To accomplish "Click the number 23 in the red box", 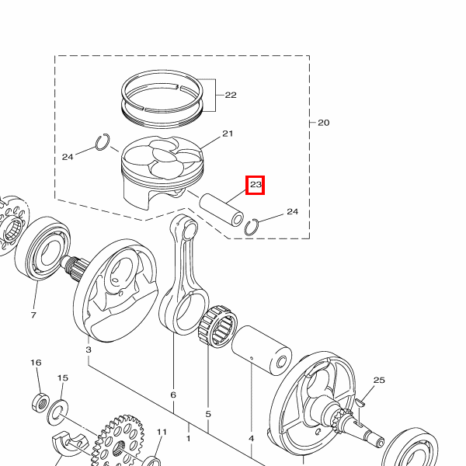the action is click(x=256, y=185).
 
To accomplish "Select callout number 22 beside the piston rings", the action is click(x=231, y=95).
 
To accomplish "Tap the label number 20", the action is click(x=324, y=123).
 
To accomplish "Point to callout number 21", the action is click(x=228, y=134).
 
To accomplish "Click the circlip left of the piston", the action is click(x=103, y=142).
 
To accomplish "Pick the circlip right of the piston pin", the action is click(x=252, y=227).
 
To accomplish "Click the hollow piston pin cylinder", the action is click(x=221, y=210).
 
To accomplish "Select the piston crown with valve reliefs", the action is click(x=162, y=158).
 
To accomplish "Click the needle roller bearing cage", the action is click(x=217, y=326).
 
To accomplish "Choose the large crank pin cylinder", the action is click(x=262, y=350).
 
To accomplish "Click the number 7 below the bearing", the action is click(x=33, y=315).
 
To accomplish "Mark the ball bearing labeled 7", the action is click(x=43, y=249).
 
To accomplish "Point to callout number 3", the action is click(x=89, y=349).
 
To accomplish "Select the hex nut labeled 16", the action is click(x=40, y=402).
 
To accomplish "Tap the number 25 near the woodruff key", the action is click(x=379, y=380).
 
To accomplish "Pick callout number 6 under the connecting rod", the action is click(x=173, y=395).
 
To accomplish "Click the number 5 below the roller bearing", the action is click(x=208, y=414).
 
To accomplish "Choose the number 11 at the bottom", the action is click(x=162, y=432).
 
